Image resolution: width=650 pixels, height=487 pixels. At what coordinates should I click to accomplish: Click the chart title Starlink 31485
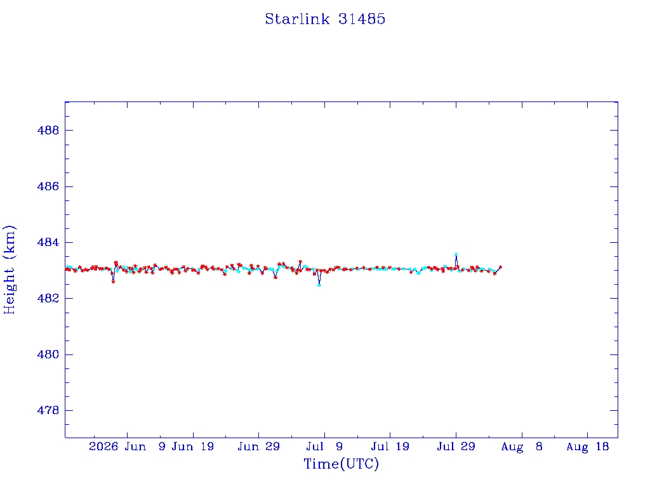click(325, 19)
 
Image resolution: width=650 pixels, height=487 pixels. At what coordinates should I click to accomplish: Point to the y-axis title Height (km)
click(9, 269)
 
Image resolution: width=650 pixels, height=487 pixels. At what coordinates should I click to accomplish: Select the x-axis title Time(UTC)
click(341, 464)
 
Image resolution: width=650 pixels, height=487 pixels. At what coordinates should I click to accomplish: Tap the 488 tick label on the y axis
click(48, 131)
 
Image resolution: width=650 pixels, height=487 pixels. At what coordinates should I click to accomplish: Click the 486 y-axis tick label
click(48, 186)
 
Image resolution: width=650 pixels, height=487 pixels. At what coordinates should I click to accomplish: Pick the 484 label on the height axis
click(48, 242)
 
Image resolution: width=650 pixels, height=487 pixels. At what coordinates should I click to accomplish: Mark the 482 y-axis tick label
click(48, 298)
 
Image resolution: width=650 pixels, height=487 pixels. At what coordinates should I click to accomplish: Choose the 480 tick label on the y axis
click(48, 354)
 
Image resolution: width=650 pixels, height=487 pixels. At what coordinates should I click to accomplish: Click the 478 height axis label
click(48, 410)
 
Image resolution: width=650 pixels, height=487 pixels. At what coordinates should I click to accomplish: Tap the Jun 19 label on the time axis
click(193, 446)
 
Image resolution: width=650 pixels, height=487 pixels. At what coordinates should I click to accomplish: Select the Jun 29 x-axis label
click(259, 446)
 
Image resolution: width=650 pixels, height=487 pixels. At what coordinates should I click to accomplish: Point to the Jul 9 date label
click(324, 446)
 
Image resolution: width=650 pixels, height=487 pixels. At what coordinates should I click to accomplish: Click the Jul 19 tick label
click(390, 446)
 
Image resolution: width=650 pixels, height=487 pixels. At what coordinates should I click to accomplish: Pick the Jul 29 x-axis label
click(456, 446)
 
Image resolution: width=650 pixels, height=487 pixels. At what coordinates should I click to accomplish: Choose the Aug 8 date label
click(522, 446)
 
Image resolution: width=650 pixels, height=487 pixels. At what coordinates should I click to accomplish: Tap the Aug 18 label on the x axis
click(587, 446)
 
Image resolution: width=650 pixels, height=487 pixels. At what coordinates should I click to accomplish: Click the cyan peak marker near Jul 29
click(456, 254)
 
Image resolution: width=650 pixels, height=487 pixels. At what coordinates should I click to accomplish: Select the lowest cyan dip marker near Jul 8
click(319, 285)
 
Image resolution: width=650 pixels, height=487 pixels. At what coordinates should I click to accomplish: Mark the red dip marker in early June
click(113, 282)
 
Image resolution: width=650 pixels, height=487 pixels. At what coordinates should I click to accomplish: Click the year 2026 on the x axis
click(103, 446)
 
